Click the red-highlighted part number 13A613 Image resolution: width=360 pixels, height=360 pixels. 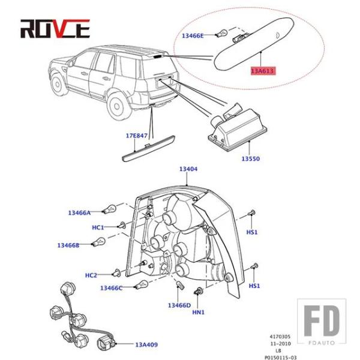[263, 71]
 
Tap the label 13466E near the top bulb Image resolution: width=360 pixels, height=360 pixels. [193, 36]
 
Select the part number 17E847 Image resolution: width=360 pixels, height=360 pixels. [137, 136]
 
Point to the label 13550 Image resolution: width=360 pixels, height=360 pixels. [251, 158]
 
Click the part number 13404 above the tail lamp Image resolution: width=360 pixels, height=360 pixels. [188, 169]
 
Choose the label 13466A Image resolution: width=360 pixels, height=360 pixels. [79, 213]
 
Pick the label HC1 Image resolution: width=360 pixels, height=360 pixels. [98, 227]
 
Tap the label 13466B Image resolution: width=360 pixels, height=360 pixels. [68, 245]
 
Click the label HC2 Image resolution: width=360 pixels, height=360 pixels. [91, 275]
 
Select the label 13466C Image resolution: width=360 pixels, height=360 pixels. [111, 288]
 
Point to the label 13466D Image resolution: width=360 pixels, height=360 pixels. [179, 305]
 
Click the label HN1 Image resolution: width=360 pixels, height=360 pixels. [199, 312]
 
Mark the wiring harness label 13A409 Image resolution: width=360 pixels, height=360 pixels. [146, 344]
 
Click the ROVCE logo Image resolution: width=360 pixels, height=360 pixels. [55, 29]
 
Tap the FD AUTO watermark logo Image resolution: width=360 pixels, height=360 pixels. [322, 322]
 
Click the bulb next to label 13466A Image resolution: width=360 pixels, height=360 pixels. [109, 209]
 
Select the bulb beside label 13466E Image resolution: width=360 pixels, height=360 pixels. [221, 33]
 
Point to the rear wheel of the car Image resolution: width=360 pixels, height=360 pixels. [116, 106]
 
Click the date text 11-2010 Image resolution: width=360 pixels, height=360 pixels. [280, 344]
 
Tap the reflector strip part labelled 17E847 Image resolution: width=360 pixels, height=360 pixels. [148, 149]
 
